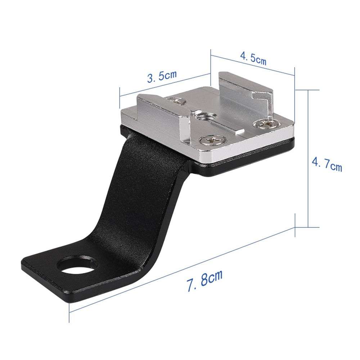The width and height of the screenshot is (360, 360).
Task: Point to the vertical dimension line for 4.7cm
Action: [308, 158]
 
